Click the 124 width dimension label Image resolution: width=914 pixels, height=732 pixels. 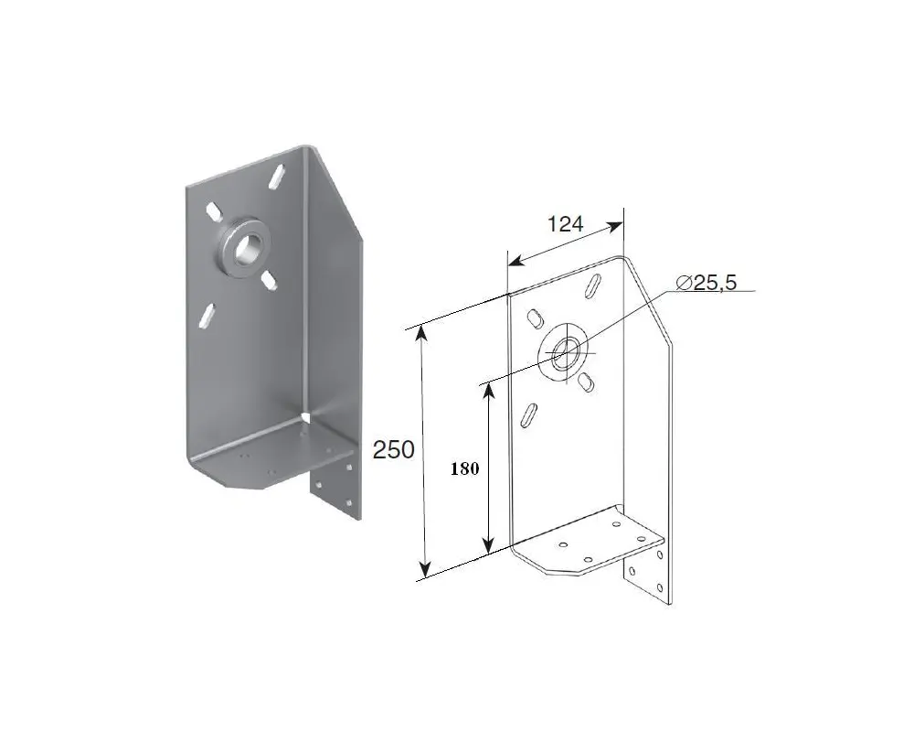point(565,223)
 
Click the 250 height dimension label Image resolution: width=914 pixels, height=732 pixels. point(393,450)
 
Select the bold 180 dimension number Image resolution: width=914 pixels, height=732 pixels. point(464,468)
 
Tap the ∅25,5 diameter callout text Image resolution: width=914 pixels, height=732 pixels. point(707,283)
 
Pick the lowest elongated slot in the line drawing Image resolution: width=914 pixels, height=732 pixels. point(529,416)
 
